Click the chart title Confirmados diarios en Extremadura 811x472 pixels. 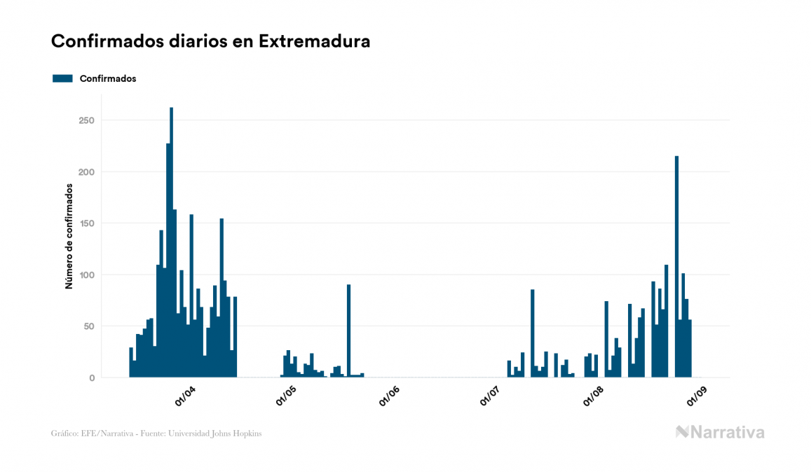click(210, 41)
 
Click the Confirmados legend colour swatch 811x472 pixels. click(62, 78)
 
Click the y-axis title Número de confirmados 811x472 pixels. click(69, 237)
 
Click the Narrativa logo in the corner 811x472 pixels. click(720, 432)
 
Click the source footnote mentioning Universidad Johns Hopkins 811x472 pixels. click(156, 433)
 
